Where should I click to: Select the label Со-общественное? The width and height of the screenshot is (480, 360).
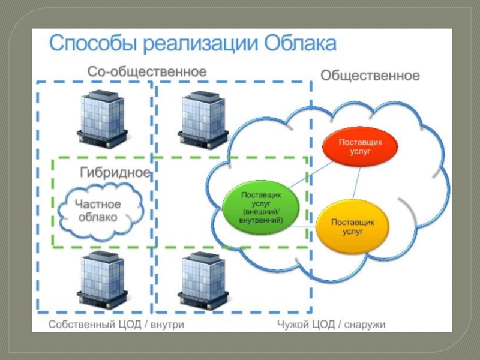(147, 71)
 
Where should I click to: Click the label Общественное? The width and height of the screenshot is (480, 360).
(370, 76)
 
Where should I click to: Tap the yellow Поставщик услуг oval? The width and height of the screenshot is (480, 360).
(353, 226)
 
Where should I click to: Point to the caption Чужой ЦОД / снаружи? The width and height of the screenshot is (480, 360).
(331, 325)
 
